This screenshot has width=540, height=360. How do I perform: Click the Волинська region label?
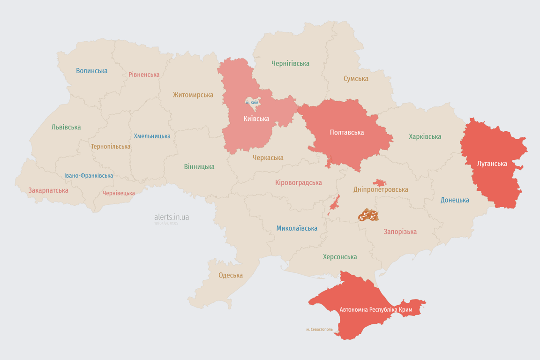coord(92,71)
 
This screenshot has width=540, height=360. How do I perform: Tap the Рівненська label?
coord(144,75)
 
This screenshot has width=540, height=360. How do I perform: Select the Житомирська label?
coord(193,95)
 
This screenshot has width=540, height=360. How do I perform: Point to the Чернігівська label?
coord(290,63)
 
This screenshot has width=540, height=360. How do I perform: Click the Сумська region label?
coord(356,78)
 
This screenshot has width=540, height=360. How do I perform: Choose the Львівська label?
coord(66,127)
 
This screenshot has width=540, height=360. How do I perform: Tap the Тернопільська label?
coord(111,146)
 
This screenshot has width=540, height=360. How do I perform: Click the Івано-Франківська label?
coord(89,176)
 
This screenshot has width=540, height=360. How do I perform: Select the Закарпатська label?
coord(48,190)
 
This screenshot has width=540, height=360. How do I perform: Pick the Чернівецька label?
coord(119,193)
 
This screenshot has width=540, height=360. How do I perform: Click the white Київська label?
coord(256,119)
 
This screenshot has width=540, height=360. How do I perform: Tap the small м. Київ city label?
coord(252,102)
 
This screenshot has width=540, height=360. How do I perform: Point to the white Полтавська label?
coord(347,132)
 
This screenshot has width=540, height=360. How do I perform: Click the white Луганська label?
coord(492,164)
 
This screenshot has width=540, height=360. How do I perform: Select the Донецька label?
coord(455,200)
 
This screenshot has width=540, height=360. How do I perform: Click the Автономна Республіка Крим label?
coord(375,310)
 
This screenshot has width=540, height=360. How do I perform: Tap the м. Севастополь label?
coord(319,330)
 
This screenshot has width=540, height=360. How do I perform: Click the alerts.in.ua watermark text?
coord(172,217)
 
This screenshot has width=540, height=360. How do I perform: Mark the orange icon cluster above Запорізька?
coord(368,216)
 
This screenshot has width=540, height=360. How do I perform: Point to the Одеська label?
coord(231,275)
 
